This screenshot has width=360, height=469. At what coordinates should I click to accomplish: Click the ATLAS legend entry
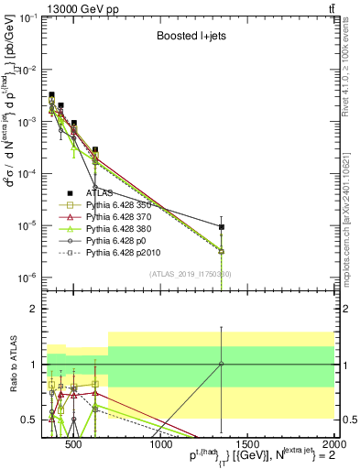tap(100, 192)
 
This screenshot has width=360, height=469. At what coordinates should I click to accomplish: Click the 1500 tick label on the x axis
tap(248, 444)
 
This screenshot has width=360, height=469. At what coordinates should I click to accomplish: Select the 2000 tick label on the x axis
tap(332, 444)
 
